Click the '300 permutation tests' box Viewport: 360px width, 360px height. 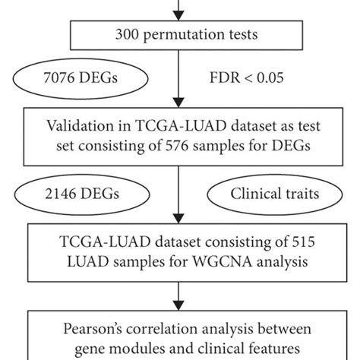pos(180,33)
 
